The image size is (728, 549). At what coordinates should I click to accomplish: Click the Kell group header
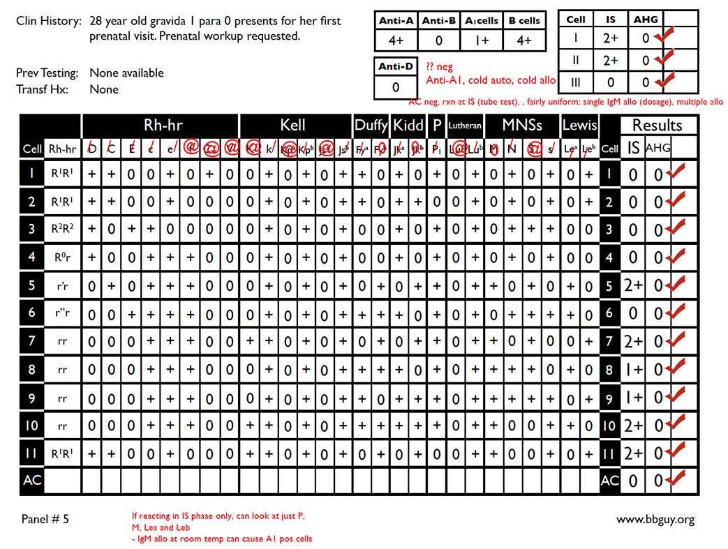293,126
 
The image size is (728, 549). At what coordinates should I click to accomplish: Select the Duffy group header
371,126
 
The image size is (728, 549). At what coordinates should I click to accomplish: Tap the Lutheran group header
464,126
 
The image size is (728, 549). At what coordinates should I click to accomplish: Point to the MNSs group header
522,126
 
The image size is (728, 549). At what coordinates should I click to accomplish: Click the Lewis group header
580,126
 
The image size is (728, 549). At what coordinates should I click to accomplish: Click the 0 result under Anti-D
396,87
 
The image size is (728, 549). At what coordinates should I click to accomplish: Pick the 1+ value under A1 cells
482,40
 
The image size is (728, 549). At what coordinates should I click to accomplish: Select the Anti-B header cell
439,21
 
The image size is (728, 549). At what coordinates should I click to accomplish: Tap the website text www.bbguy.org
655,520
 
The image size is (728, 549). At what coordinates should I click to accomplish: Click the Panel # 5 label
45,520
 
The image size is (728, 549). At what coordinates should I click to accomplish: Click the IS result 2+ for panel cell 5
632,286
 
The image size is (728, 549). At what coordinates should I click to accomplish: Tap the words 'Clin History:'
47,22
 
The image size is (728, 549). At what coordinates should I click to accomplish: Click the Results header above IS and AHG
658,126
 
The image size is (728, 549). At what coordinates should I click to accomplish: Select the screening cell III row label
576,82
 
